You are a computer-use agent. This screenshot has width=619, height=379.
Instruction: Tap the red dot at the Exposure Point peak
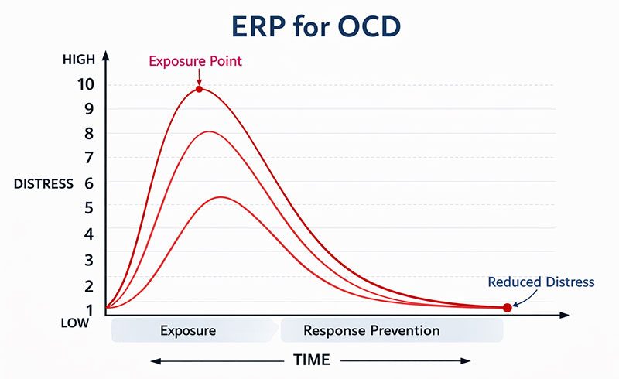[199, 89]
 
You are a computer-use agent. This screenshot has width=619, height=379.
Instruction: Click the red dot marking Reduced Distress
[507, 307]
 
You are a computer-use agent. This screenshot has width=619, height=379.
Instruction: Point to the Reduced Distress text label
[541, 282]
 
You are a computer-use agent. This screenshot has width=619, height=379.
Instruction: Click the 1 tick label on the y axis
[88, 309]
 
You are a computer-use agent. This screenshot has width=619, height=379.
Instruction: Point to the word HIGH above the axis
[78, 60]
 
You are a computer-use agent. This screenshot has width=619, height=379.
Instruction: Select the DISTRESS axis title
[43, 183]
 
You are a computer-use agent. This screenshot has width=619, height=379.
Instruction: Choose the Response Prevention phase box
[371, 330]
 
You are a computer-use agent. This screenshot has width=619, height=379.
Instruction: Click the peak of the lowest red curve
[221, 196]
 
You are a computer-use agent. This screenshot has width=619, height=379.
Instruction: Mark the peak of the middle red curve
[210, 131]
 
